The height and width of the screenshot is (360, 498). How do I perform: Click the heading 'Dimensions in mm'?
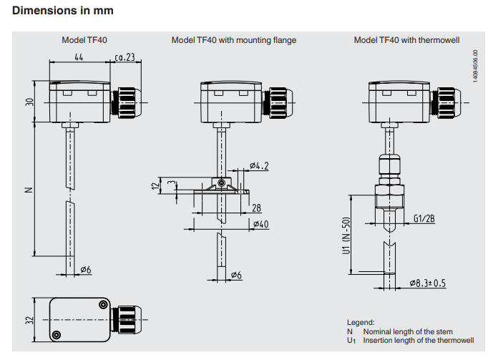tap(63, 11)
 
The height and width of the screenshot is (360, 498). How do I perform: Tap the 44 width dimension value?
tap(79, 57)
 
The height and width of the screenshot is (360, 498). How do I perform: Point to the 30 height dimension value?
tap(30, 101)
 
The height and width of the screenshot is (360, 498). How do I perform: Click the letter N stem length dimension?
tap(29, 190)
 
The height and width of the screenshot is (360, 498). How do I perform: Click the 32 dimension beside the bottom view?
tap(30, 318)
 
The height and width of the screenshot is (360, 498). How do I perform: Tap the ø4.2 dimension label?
tap(260, 167)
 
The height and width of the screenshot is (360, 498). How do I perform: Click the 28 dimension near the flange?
tap(257, 208)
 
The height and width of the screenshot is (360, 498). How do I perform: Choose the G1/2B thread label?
tap(424, 220)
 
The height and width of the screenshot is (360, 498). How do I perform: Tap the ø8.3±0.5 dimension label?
tap(427, 283)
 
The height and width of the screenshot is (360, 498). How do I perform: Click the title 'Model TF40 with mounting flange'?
tap(233, 40)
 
